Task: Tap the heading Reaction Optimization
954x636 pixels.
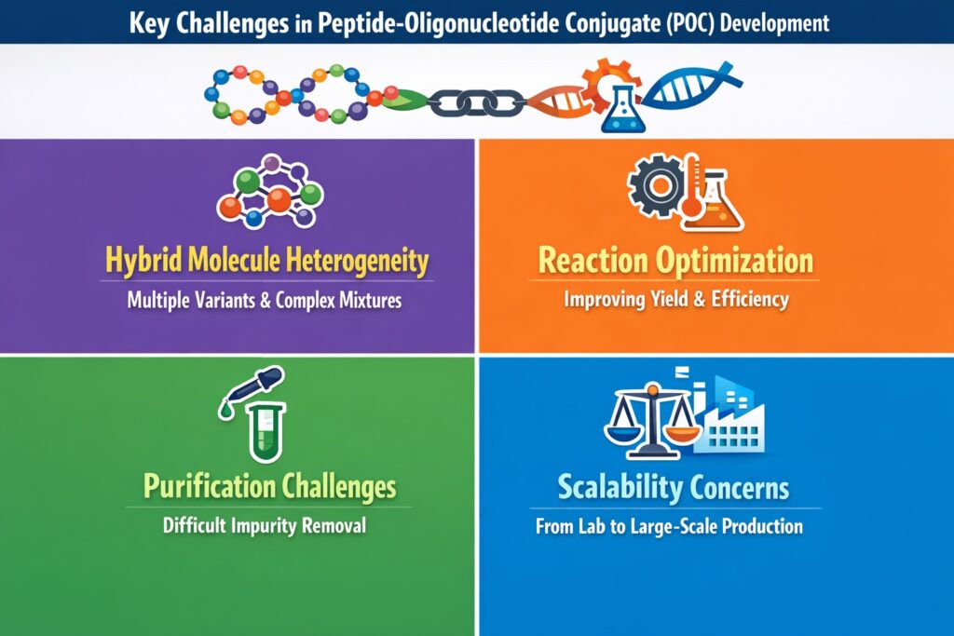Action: [676, 261]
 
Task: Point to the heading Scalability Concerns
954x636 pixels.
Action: [674, 486]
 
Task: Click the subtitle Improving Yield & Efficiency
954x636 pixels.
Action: [676, 300]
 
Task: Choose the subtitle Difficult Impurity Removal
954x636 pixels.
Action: [265, 525]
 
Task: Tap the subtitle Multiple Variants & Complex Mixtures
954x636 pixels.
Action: [265, 301]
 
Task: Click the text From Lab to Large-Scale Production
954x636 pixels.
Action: [669, 526]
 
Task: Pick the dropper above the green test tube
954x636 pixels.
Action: [240, 395]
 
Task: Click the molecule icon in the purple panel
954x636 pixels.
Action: [270, 191]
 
